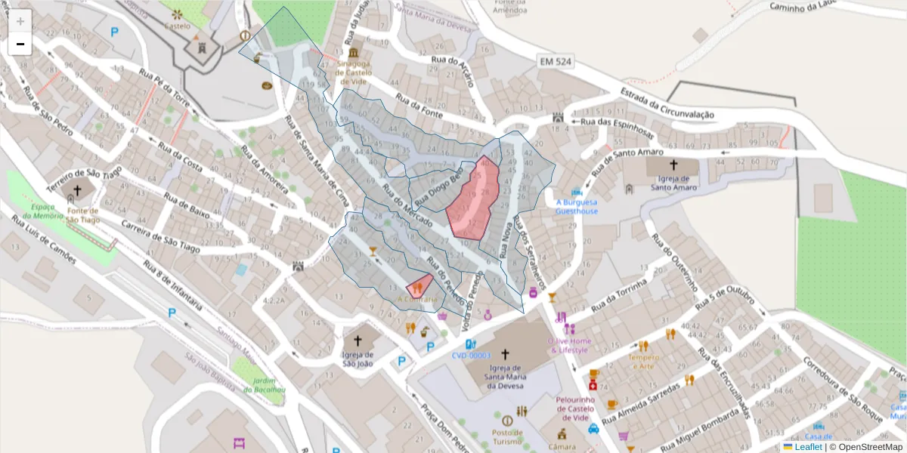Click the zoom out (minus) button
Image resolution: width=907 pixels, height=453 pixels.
click(20, 45)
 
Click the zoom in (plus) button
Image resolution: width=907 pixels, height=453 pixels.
click(20, 21)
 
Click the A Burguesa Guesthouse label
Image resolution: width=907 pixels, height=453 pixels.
click(577, 207)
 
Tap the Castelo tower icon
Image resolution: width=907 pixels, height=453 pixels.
click(202, 47)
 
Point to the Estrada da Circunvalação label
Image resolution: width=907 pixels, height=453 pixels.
click(667, 103)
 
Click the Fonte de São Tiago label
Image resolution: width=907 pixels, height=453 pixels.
click(83, 214)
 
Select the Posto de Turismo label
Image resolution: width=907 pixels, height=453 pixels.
click(506, 436)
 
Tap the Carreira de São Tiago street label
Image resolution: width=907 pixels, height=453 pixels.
click(161, 236)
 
